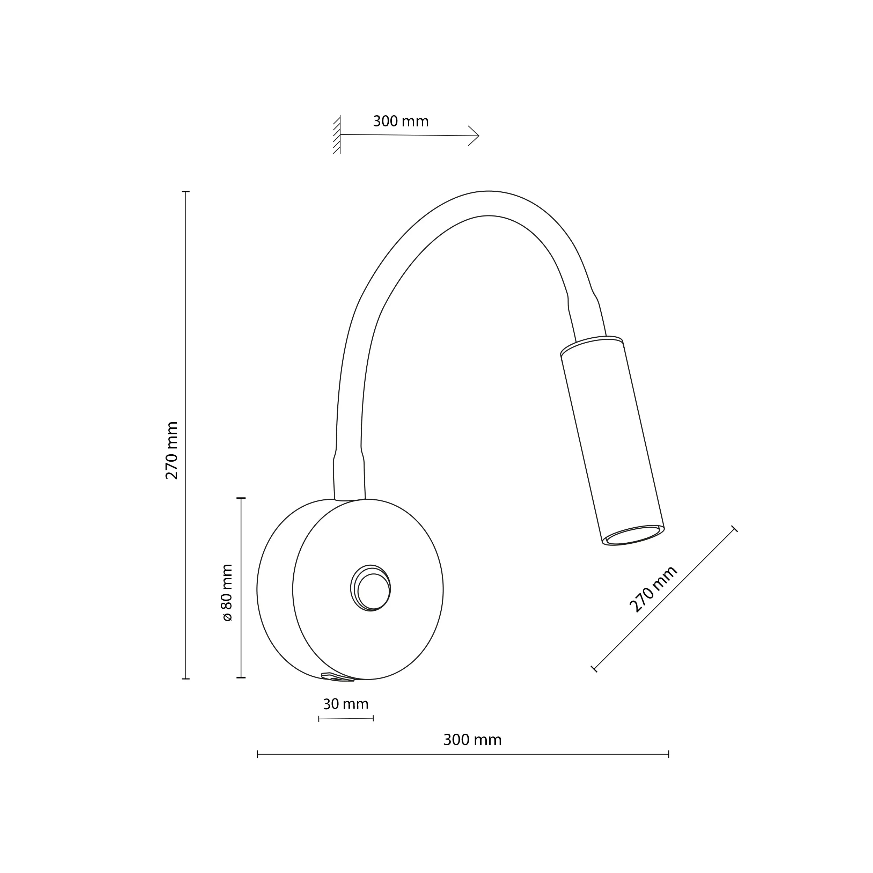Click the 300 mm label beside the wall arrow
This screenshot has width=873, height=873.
[400, 122]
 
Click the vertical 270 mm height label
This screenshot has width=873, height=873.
[172, 450]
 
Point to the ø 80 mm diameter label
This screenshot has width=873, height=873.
[227, 592]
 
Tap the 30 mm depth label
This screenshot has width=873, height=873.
[346, 704]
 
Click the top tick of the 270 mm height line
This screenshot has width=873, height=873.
[186, 192]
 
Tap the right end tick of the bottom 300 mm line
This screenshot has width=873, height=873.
[668, 754]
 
